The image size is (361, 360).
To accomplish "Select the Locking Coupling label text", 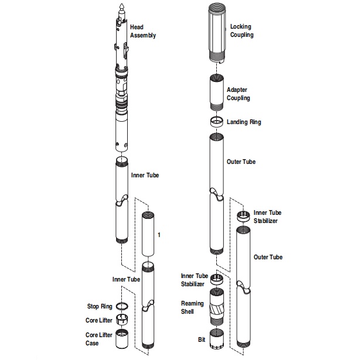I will click(x=241, y=30).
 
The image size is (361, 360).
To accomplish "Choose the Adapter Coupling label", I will click(x=239, y=94).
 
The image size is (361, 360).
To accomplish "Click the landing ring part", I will click(x=215, y=122).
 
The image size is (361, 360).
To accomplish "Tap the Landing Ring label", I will click(x=244, y=122).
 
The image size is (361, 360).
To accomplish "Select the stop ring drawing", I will click(x=122, y=307).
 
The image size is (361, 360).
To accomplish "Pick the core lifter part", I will click(x=122, y=320).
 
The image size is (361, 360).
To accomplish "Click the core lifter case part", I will click(x=122, y=339).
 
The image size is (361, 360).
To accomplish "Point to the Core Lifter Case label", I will click(x=99, y=338).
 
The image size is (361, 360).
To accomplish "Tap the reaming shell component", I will click(x=216, y=307).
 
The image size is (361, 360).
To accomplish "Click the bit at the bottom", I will click(x=216, y=339).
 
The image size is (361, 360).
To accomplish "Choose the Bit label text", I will click(x=202, y=339).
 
